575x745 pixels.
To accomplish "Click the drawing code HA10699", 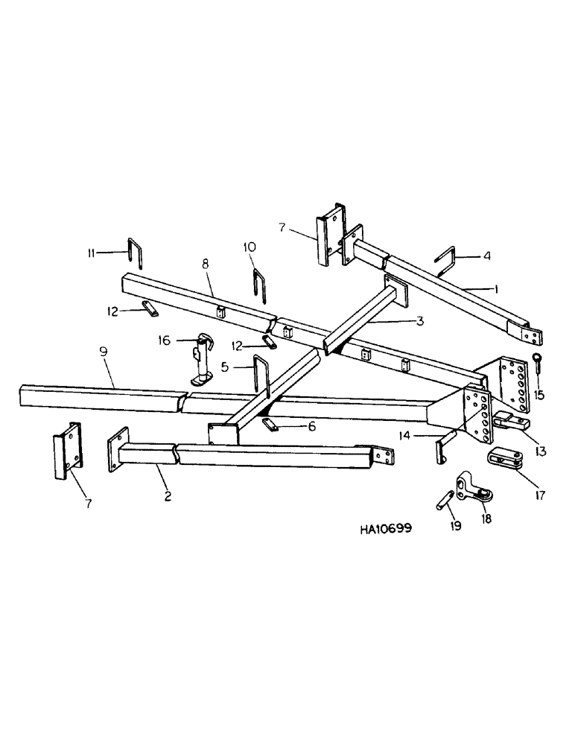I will point(380,528).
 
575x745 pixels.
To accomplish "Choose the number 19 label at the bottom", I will point(456,526).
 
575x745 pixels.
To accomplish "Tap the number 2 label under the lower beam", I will point(168,495).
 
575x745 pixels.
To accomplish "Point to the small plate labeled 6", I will point(271,423).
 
